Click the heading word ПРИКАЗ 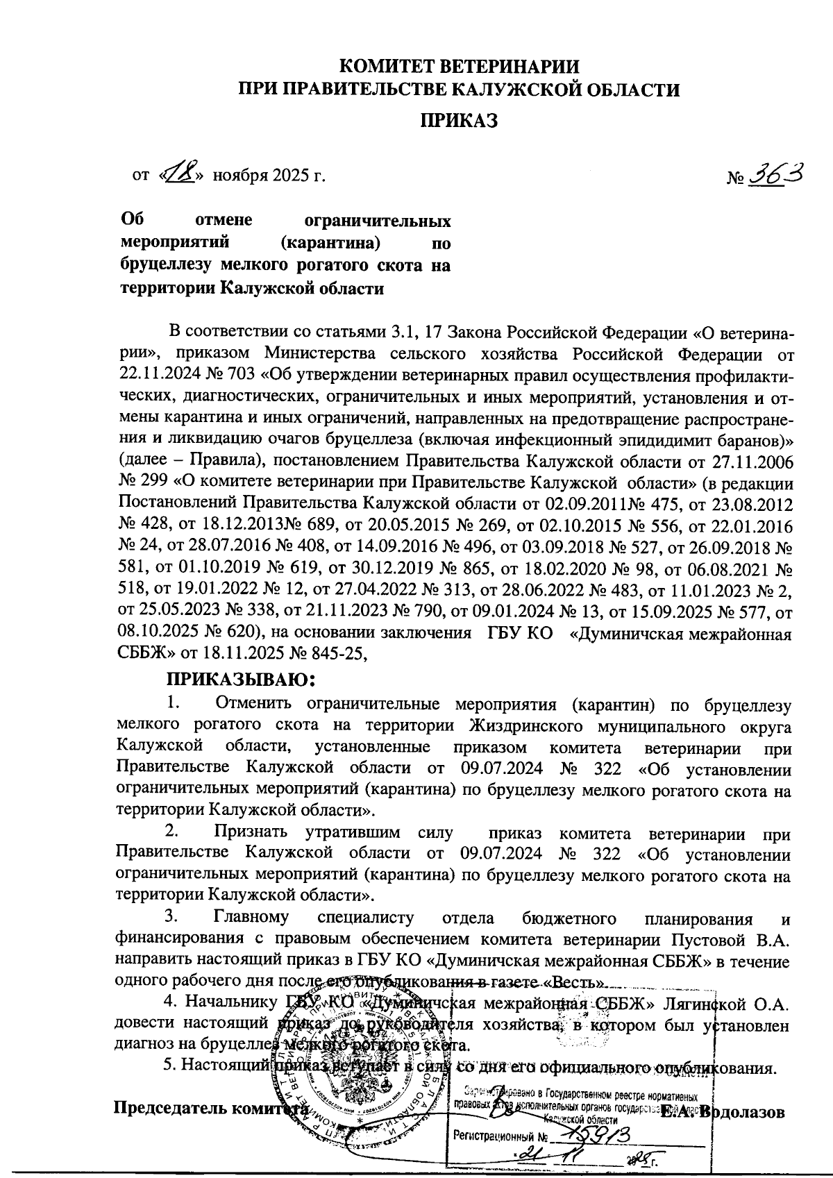click(x=460, y=121)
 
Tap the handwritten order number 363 click(x=776, y=174)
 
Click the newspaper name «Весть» click(x=580, y=984)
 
